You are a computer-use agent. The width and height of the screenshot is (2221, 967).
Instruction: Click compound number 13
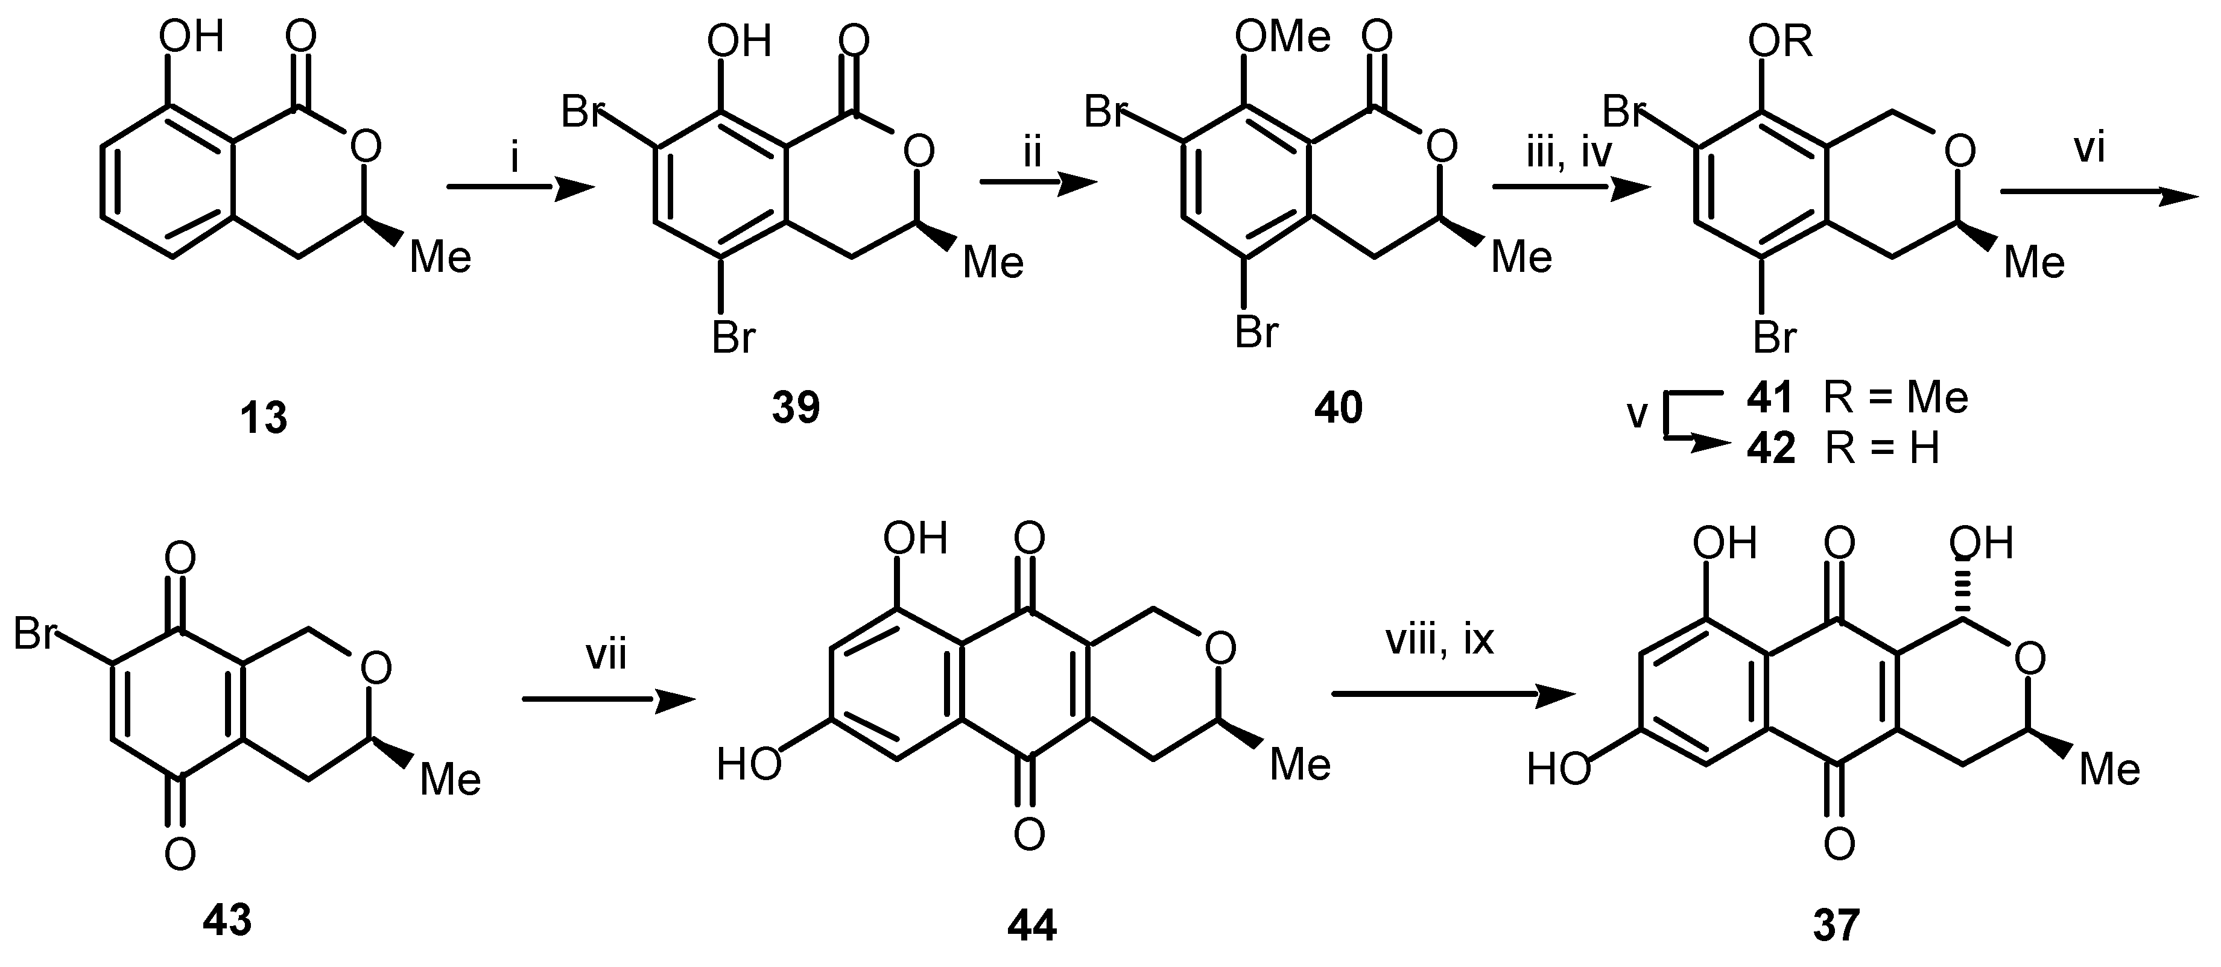[263, 419]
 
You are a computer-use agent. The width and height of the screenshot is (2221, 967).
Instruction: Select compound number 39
[795, 407]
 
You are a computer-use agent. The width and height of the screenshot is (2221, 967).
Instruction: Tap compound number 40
[1338, 408]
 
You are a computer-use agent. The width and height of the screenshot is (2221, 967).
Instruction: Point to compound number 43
[227, 921]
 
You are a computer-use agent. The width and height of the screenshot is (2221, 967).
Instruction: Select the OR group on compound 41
[1781, 42]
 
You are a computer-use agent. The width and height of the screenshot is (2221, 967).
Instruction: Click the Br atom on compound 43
[36, 635]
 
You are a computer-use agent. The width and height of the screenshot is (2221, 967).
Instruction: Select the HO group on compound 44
[749, 764]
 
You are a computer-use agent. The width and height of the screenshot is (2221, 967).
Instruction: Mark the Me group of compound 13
[440, 257]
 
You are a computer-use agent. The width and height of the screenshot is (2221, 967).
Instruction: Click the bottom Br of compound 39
[733, 337]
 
